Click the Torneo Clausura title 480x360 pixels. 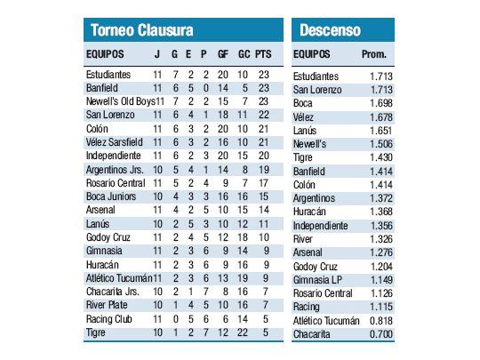pyautogui.click(x=141, y=30)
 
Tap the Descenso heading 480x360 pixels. pyautogui.click(x=329, y=30)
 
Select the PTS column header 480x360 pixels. pyautogui.click(x=263, y=55)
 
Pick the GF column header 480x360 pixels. pyautogui.click(x=223, y=55)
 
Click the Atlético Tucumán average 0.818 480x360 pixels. pyautogui.click(x=380, y=320)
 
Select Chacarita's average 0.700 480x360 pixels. pyautogui.click(x=380, y=334)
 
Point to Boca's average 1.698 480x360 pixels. pyautogui.click(x=380, y=103)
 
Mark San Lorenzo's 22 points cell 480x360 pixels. pyautogui.click(x=263, y=115)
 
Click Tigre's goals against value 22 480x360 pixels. pyautogui.click(x=244, y=332)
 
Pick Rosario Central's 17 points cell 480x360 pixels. pyautogui.click(x=263, y=183)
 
